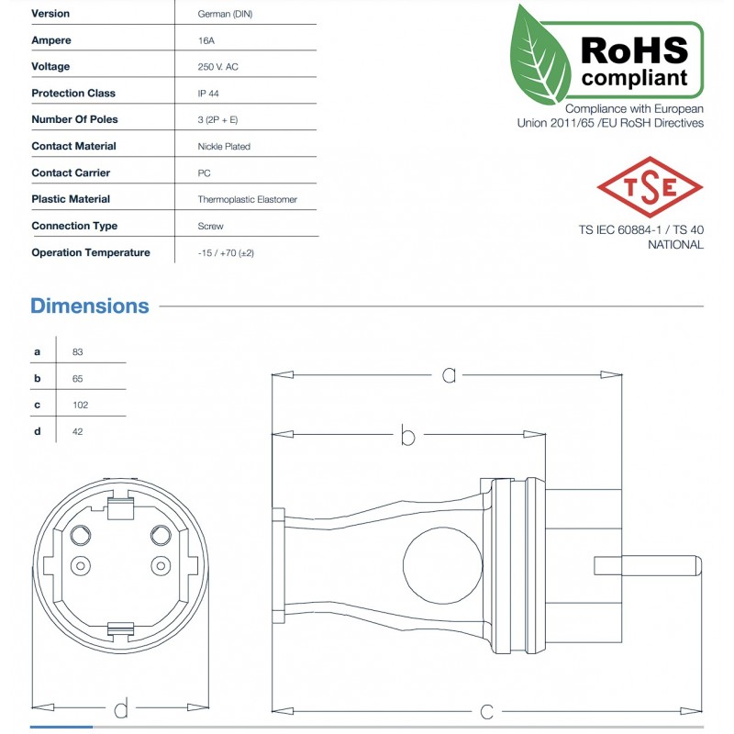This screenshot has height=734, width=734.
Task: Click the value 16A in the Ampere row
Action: tap(207, 40)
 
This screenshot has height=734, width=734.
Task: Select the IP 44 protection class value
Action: tap(208, 94)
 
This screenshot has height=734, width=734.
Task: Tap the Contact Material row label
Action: tap(73, 146)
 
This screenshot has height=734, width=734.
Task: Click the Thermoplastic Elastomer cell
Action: tap(247, 199)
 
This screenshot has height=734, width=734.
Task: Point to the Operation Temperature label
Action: tap(90, 252)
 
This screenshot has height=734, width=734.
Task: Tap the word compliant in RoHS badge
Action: tap(634, 77)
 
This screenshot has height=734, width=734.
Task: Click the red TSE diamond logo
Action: tap(650, 186)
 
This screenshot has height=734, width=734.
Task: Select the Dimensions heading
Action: tap(89, 306)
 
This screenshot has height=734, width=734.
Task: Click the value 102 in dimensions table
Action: tap(80, 405)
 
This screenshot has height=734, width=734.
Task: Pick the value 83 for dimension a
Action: tap(77, 352)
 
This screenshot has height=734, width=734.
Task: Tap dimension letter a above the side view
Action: tap(449, 374)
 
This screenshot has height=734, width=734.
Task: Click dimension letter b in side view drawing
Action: tap(408, 436)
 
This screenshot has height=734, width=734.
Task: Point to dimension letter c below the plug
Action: tap(487, 710)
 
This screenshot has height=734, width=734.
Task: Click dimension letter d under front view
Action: tap(120, 707)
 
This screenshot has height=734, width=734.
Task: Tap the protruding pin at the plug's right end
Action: tap(648, 564)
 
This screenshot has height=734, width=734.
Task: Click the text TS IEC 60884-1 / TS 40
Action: tap(640, 230)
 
